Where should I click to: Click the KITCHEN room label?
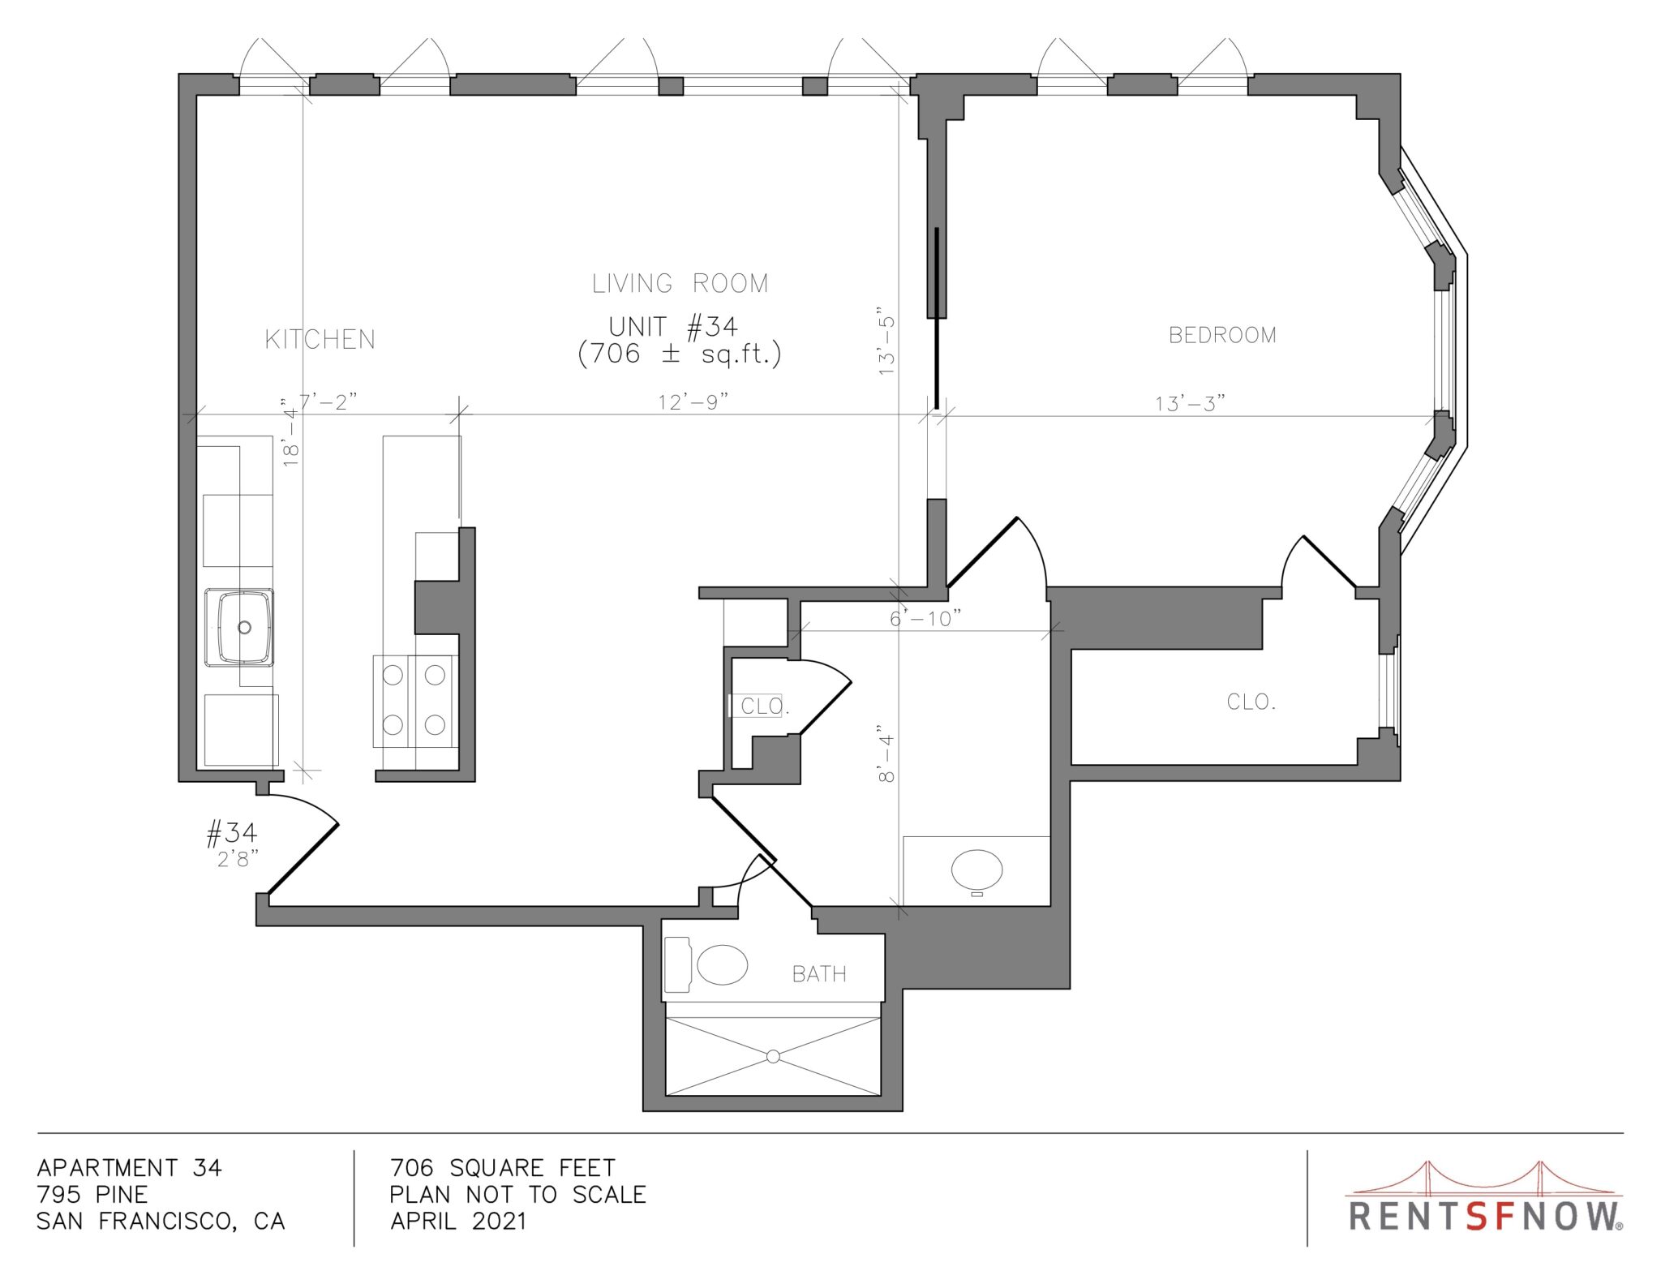point(320,339)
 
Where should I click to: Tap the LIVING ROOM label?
point(680,283)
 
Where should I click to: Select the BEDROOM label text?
point(1222,335)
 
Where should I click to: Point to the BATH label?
point(819,973)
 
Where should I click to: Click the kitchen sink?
point(239,627)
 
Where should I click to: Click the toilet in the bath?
point(706,965)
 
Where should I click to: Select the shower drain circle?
point(773,1056)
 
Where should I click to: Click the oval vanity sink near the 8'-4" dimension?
point(976,870)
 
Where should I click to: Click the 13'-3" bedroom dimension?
point(1190,403)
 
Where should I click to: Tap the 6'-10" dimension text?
point(925,619)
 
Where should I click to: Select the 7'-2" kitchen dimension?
point(328,402)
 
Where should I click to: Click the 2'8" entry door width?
point(238,859)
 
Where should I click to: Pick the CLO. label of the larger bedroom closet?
point(1251,702)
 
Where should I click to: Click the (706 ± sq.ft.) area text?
point(680,354)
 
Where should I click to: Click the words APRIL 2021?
point(458,1221)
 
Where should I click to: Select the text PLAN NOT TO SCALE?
point(518,1194)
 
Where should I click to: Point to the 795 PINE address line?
point(92,1194)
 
